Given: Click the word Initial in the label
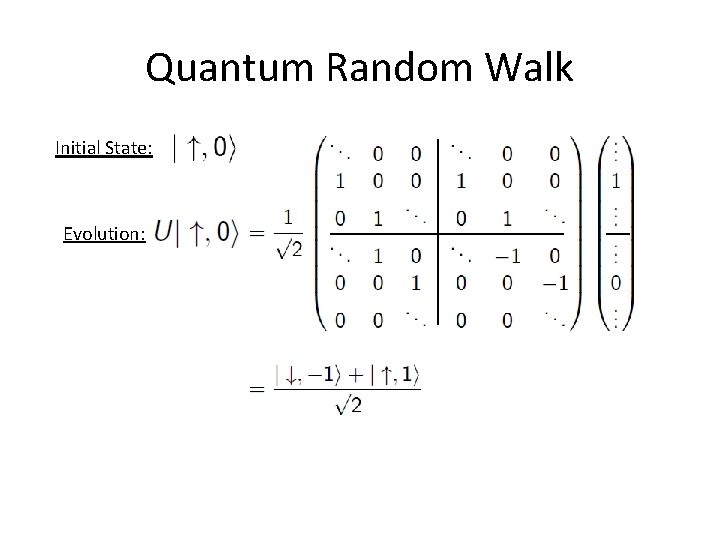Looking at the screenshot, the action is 78,149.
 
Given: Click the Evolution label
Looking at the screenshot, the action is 105,234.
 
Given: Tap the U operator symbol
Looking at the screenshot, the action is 165,233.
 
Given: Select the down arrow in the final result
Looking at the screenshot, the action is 292,378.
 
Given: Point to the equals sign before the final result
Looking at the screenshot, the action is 256,390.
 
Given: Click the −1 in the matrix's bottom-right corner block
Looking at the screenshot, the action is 555,283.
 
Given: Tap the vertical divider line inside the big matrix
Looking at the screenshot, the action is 438,235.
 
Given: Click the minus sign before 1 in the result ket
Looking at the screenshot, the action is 314,378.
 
